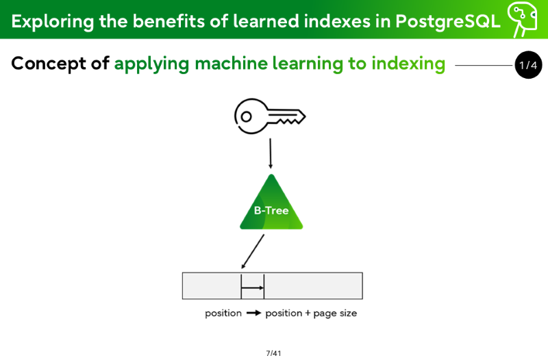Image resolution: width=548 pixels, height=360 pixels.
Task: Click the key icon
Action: pyautogui.click(x=269, y=116)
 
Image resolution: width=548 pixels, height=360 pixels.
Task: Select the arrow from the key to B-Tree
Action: pyautogui.click(x=270, y=153)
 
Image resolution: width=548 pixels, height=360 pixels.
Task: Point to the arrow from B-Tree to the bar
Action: pyautogui.click(x=253, y=251)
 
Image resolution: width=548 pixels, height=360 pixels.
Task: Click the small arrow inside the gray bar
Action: pyautogui.click(x=252, y=287)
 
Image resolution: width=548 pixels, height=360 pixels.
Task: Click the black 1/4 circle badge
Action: pyautogui.click(x=528, y=65)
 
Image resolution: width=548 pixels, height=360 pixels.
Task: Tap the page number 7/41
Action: pyautogui.click(x=273, y=353)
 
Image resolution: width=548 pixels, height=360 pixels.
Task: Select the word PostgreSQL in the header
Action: pyautogui.click(x=448, y=21)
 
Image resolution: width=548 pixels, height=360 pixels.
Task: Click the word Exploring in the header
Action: pyautogui.click(x=53, y=22)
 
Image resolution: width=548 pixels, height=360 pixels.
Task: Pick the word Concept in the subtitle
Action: pyautogui.click(x=49, y=64)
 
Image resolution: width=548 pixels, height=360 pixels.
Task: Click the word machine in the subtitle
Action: pyautogui.click(x=231, y=64)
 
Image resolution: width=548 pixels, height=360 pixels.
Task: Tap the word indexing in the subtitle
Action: pyautogui.click(x=408, y=64)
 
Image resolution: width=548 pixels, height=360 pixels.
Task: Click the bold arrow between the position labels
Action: pyautogui.click(x=253, y=313)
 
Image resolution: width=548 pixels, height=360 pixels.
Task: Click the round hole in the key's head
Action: pyautogui.click(x=246, y=116)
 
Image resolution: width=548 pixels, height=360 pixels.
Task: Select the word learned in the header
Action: pyautogui.click(x=266, y=21)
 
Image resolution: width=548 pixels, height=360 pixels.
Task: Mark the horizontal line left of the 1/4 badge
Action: pyautogui.click(x=484, y=65)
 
